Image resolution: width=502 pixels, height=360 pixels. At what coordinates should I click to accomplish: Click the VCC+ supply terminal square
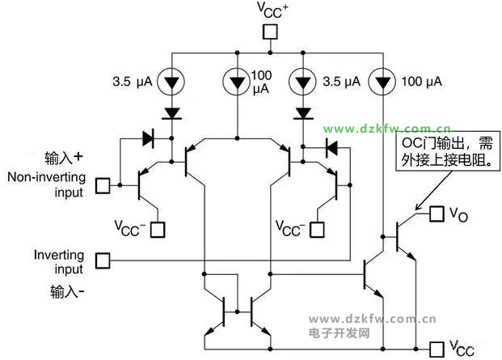[271, 32]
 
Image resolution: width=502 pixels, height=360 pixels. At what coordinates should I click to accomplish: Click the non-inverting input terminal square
[102, 185]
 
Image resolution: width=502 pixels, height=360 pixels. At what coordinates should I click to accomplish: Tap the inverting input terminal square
[102, 260]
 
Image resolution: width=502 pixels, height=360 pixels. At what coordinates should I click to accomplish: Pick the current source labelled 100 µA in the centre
[236, 81]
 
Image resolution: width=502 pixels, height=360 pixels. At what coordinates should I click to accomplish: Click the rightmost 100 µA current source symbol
[382, 81]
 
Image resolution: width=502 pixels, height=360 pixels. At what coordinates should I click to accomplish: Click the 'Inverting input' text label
[58, 260]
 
